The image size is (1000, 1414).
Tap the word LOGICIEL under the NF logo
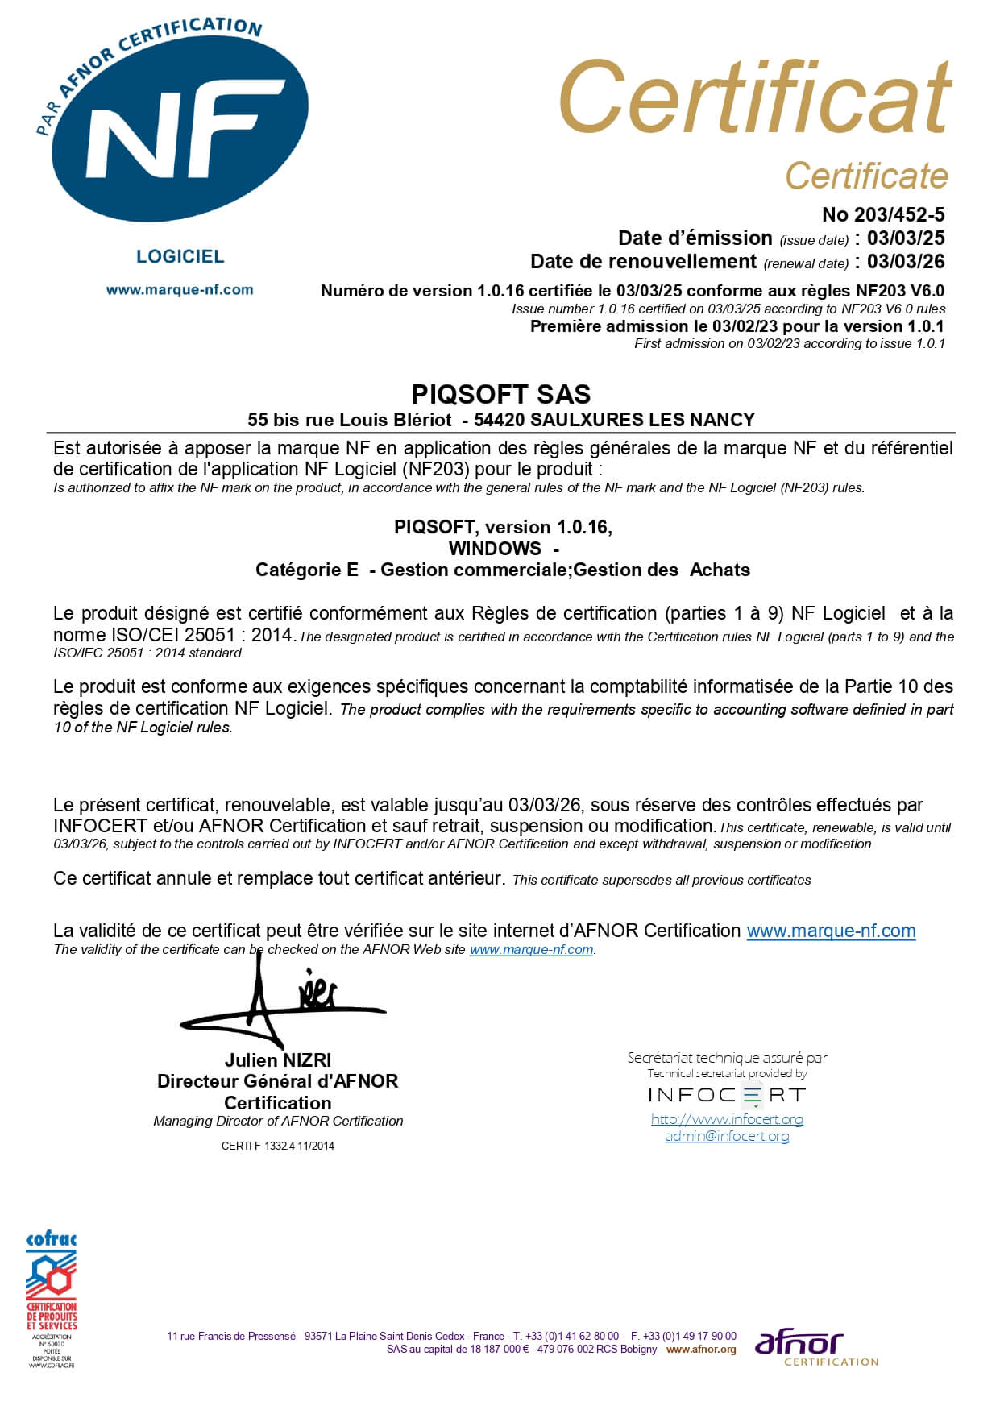tap(180, 256)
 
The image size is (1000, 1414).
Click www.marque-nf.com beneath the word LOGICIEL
tap(180, 289)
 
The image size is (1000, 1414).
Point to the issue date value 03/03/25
tap(906, 238)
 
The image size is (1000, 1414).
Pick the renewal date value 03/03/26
tap(906, 261)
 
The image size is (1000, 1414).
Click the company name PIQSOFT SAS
tap(500, 394)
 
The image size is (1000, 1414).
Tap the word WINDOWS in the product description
tap(495, 549)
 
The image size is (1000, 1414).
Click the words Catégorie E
tap(307, 570)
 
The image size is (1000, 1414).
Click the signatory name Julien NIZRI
tap(278, 1060)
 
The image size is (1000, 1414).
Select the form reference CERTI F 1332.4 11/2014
tap(277, 1146)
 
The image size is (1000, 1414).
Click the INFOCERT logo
tap(727, 1095)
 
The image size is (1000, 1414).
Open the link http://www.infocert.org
tap(727, 1119)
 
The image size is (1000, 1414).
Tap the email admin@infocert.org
tap(727, 1136)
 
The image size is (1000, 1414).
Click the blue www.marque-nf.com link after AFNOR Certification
tap(831, 931)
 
